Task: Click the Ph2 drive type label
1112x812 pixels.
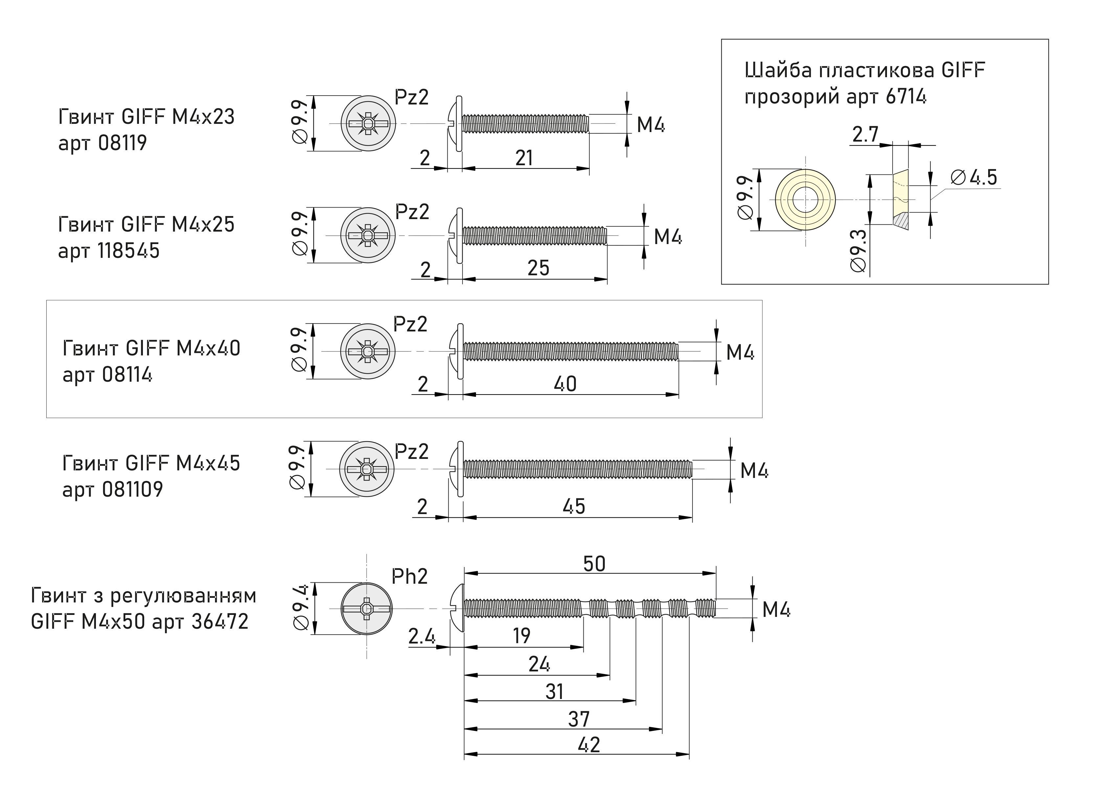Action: coord(410,576)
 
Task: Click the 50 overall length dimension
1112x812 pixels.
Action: coord(594,564)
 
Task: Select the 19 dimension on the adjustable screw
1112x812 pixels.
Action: coord(522,636)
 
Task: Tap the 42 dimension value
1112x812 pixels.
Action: coord(589,745)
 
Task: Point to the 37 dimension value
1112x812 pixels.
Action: coord(579,719)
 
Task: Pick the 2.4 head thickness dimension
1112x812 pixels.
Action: coord(422,637)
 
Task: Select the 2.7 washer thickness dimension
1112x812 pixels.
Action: coord(865,134)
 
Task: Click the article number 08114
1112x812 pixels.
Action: coord(127,374)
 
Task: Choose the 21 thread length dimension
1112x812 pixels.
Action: coord(524,158)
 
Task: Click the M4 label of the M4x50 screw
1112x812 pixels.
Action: coord(776,610)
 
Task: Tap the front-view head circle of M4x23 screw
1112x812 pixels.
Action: coord(368,124)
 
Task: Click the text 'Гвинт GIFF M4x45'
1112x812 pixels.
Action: coord(151,463)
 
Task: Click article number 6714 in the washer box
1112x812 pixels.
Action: coord(906,96)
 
